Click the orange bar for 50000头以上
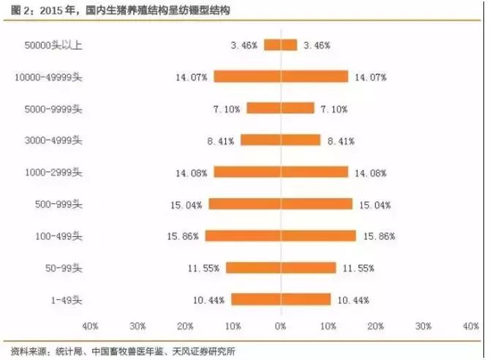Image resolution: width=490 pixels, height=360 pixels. pyautogui.click(x=281, y=45)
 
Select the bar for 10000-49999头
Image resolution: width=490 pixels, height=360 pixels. pyautogui.click(x=281, y=76)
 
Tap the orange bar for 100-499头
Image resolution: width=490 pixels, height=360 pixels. pyautogui.click(x=281, y=236)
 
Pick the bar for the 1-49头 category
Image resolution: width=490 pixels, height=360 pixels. pyautogui.click(x=281, y=299)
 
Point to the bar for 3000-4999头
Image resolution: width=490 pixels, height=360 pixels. pyautogui.click(x=281, y=140)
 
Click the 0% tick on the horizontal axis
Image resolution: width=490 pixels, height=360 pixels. pyautogui.click(x=281, y=325)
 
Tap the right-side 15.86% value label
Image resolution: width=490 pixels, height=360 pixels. pyautogui.click(x=377, y=236)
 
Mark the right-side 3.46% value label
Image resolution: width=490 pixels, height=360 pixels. pyautogui.click(x=317, y=45)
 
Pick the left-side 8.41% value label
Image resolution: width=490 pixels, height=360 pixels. pyautogui.click(x=222, y=140)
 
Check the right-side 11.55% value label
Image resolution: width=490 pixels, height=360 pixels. pyautogui.click(x=357, y=269)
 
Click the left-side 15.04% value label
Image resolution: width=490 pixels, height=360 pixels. pyautogui.click(x=188, y=205)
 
